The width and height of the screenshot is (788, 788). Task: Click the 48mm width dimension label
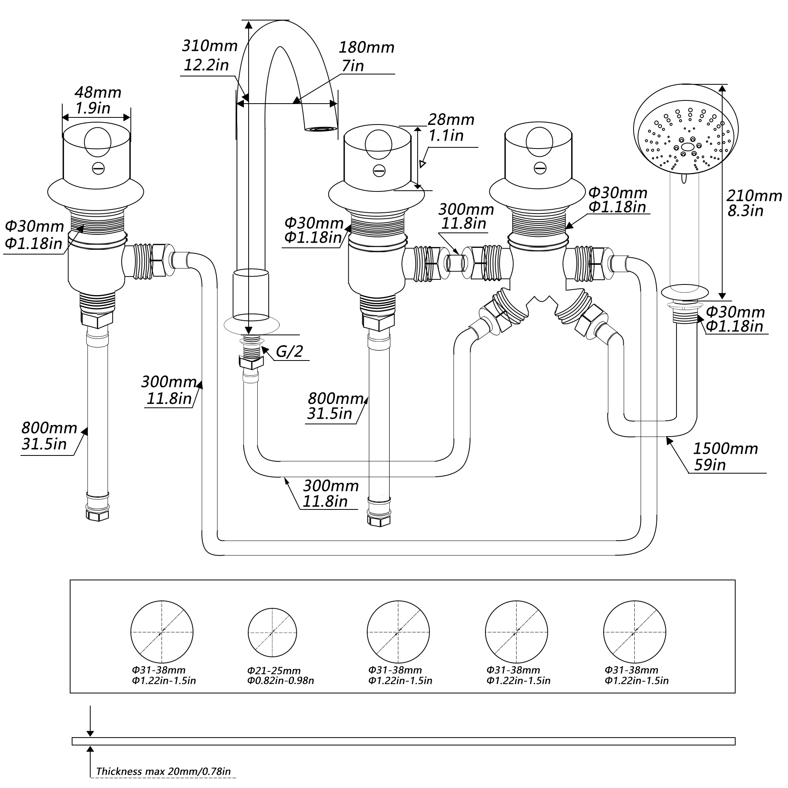click(x=98, y=93)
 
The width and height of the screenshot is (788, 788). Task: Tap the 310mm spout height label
click(x=210, y=46)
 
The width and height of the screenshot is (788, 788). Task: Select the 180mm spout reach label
click(x=367, y=48)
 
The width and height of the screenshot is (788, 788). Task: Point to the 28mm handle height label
click(x=451, y=119)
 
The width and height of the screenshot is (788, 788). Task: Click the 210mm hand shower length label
click(x=754, y=196)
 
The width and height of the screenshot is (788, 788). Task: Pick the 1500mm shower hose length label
click(x=726, y=449)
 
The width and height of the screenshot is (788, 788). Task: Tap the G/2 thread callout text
click(x=289, y=351)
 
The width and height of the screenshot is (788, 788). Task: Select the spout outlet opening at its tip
click(x=321, y=129)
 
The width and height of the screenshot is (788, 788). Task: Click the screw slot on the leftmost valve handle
click(x=98, y=169)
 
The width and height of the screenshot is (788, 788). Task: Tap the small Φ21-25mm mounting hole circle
click(x=272, y=633)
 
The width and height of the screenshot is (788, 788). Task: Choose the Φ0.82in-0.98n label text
click(x=281, y=681)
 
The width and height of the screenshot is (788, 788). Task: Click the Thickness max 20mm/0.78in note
click(x=164, y=772)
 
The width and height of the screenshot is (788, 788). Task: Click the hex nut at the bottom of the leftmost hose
click(x=97, y=514)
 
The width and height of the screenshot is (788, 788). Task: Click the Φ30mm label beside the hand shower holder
click(x=735, y=312)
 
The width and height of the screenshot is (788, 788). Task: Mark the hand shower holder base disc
click(x=685, y=292)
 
